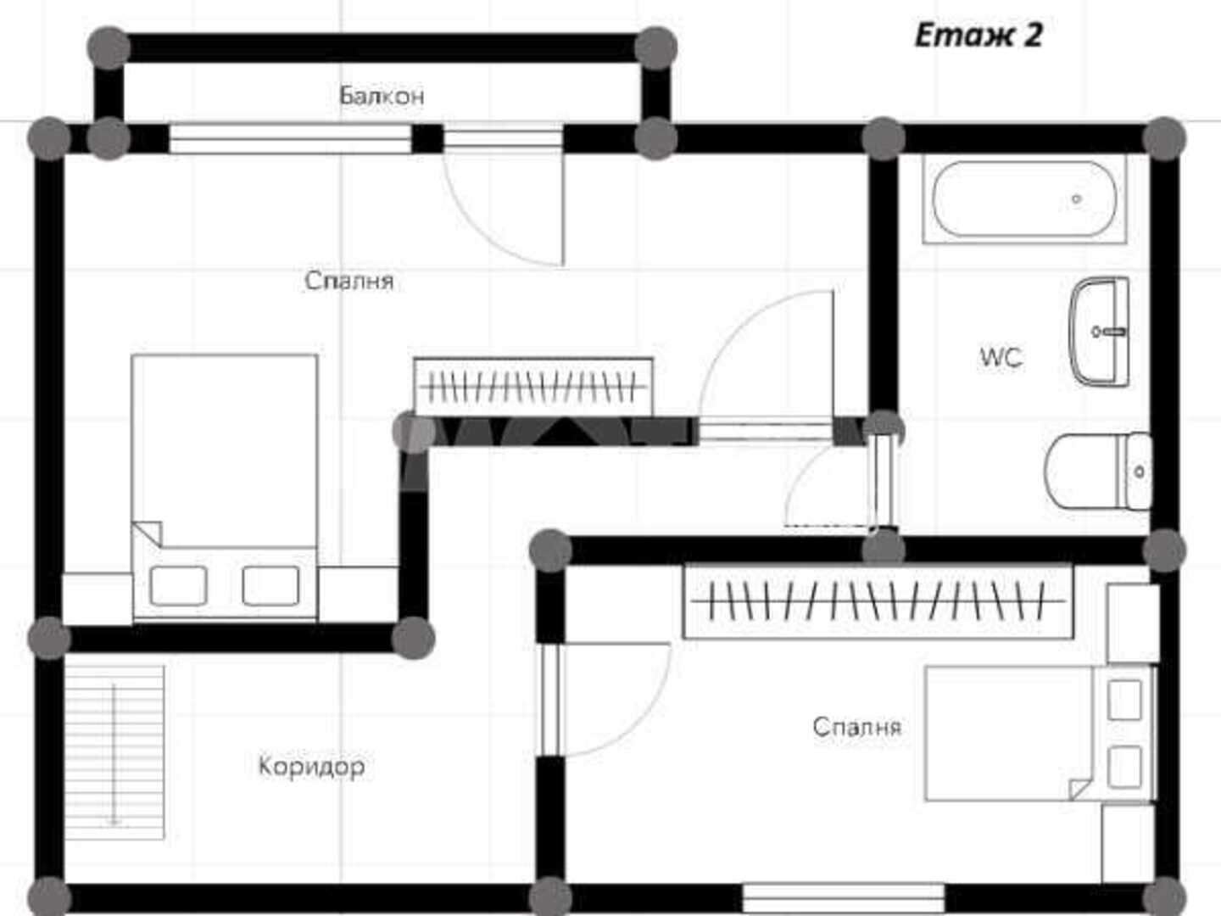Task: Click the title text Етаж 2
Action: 978,36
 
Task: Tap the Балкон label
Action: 382,96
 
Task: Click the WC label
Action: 1001,357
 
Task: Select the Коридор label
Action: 311,767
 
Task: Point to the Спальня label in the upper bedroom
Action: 349,281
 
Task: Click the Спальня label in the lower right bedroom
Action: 857,727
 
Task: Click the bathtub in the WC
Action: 1024,199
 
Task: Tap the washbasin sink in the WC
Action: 1100,332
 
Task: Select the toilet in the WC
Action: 1098,472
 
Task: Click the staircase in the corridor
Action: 114,752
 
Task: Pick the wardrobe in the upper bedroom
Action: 532,386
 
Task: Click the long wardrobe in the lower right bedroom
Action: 878,602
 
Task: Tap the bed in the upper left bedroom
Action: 225,487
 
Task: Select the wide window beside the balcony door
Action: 290,138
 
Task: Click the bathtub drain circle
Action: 1076,198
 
